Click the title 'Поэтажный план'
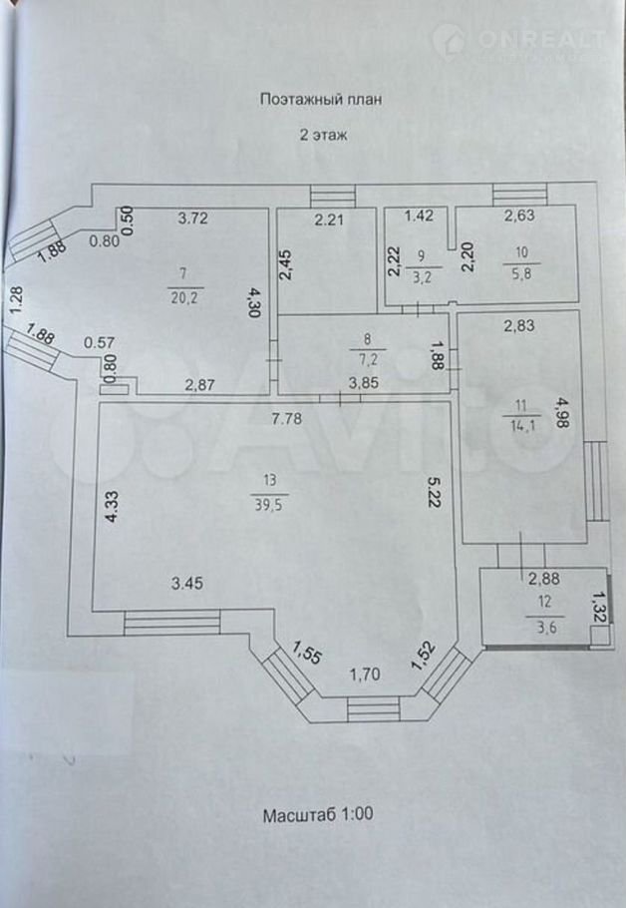[321, 99]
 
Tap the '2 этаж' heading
[322, 135]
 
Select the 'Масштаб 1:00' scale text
[319, 815]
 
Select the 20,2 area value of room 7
[181, 296]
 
